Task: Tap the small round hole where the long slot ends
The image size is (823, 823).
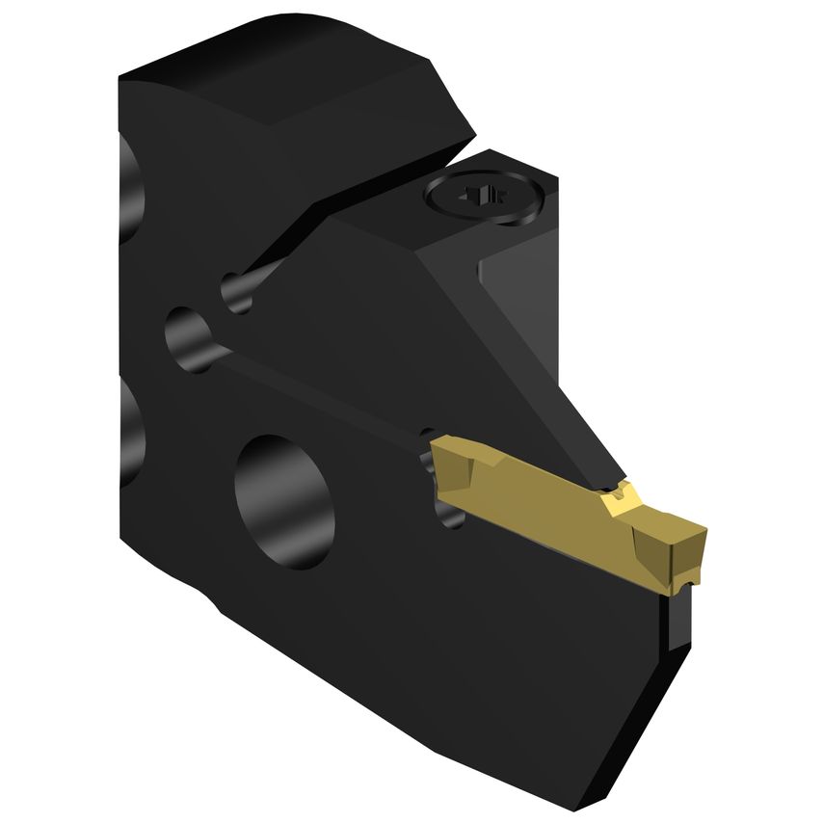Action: (x=187, y=336)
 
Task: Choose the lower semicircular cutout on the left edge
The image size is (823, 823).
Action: (x=129, y=424)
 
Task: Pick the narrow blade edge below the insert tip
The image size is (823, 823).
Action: (x=680, y=617)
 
